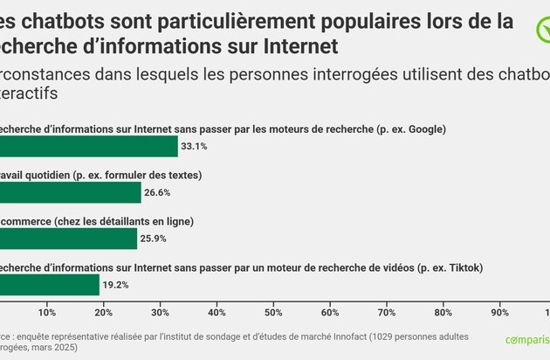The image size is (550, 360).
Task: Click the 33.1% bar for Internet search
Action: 87,146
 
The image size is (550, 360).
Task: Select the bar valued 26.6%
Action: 70,192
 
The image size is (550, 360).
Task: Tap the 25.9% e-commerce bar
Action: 68,238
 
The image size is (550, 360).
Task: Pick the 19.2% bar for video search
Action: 50,284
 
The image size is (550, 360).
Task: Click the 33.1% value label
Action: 194,146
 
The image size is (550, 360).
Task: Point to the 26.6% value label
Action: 157,192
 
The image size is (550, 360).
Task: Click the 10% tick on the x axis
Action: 47,312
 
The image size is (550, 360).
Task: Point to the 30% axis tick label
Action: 160,312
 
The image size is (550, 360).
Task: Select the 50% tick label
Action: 273,312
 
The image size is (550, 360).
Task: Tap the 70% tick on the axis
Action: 387,312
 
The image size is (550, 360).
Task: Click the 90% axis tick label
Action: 499,312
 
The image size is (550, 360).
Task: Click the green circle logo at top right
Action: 541,31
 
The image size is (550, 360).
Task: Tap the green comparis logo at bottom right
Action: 527,340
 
